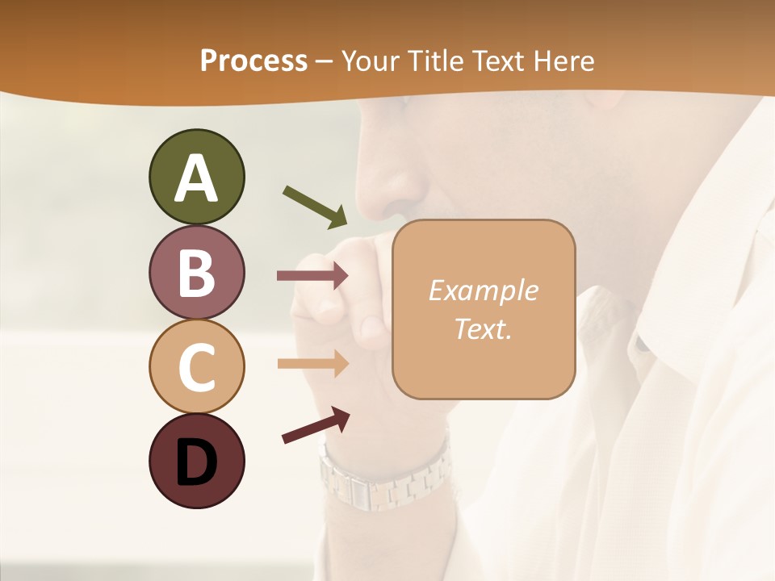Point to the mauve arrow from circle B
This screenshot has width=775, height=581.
point(313,276)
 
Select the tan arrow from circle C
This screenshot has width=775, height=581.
point(313,363)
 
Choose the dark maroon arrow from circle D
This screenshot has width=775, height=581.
point(316,425)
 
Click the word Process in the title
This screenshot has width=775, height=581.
point(253,61)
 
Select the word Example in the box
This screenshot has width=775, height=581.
point(484,290)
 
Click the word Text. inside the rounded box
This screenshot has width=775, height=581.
point(484,328)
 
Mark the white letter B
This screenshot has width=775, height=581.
point(196,273)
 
